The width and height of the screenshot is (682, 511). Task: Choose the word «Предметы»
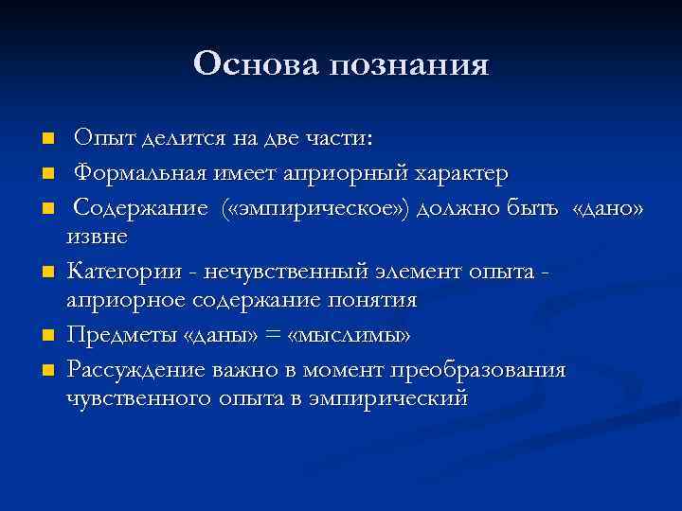[115, 335]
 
